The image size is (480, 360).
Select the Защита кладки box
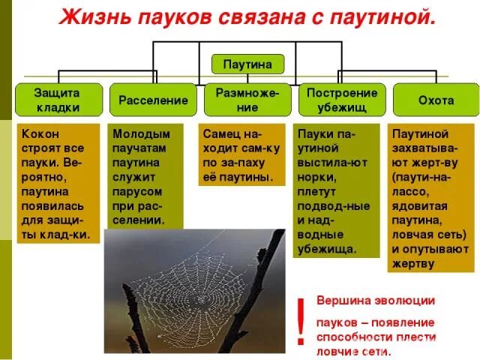click(58, 100)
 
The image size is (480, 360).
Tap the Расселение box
click(153, 100)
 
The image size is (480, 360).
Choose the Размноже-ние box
click(247, 100)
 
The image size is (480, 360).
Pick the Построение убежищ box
click(342, 100)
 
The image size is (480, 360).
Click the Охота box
click(435, 100)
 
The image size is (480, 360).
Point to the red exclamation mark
click(300, 320)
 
